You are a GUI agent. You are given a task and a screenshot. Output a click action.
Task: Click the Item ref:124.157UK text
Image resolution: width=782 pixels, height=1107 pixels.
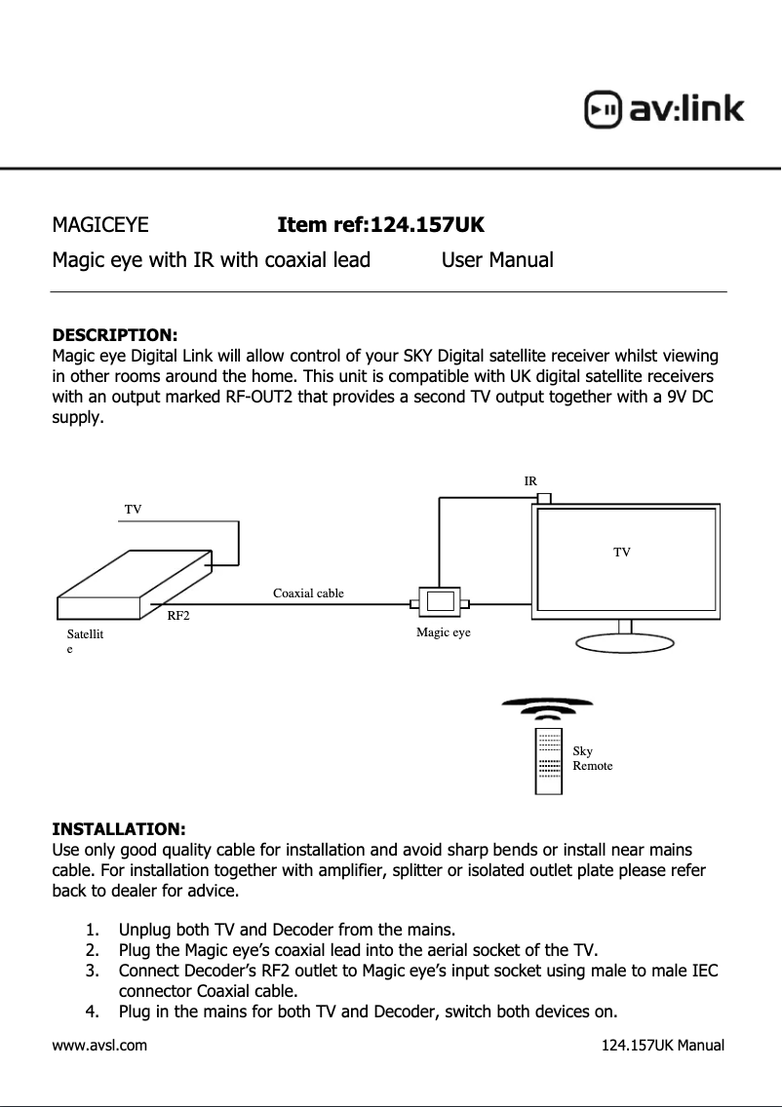380,226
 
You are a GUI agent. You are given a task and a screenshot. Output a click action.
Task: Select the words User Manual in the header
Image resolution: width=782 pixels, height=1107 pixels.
497,260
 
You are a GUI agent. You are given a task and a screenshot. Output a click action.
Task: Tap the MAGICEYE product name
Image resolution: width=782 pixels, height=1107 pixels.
100,226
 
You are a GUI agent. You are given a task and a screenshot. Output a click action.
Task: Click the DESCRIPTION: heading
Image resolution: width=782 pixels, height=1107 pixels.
114,337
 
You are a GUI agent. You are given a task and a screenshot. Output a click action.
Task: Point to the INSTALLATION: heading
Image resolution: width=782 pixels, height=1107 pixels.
118,829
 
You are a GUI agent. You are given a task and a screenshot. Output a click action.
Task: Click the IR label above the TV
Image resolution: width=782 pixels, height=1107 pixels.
530,481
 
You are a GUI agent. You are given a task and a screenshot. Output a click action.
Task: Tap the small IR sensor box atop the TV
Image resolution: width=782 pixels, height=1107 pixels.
544,498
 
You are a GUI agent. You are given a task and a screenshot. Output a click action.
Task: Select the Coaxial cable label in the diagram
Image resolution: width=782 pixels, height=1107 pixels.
308,592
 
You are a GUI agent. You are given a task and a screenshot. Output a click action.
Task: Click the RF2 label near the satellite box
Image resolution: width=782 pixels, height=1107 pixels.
177,616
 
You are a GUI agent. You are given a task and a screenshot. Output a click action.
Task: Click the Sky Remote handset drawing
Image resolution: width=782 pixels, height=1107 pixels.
549,760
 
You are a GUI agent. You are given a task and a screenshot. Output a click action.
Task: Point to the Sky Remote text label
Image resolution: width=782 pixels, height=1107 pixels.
592,758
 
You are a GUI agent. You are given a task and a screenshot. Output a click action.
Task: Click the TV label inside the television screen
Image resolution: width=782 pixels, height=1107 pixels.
621,553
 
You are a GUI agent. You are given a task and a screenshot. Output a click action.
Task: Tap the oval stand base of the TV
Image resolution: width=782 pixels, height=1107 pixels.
625,644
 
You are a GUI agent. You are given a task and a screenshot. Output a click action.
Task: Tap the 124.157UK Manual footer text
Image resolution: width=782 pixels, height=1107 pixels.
662,1046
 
